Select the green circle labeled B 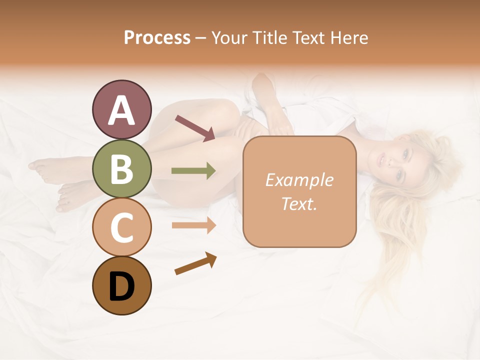(122, 168)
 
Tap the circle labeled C (122, 227)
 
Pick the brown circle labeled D (122, 285)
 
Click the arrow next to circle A (195, 127)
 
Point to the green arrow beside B (193, 171)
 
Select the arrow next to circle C (193, 225)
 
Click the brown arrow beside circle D (195, 263)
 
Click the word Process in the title (157, 38)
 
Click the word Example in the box (299, 180)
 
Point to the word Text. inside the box (299, 203)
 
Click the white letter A (122, 110)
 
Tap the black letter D (122, 286)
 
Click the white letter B (122, 169)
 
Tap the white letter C (122, 228)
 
